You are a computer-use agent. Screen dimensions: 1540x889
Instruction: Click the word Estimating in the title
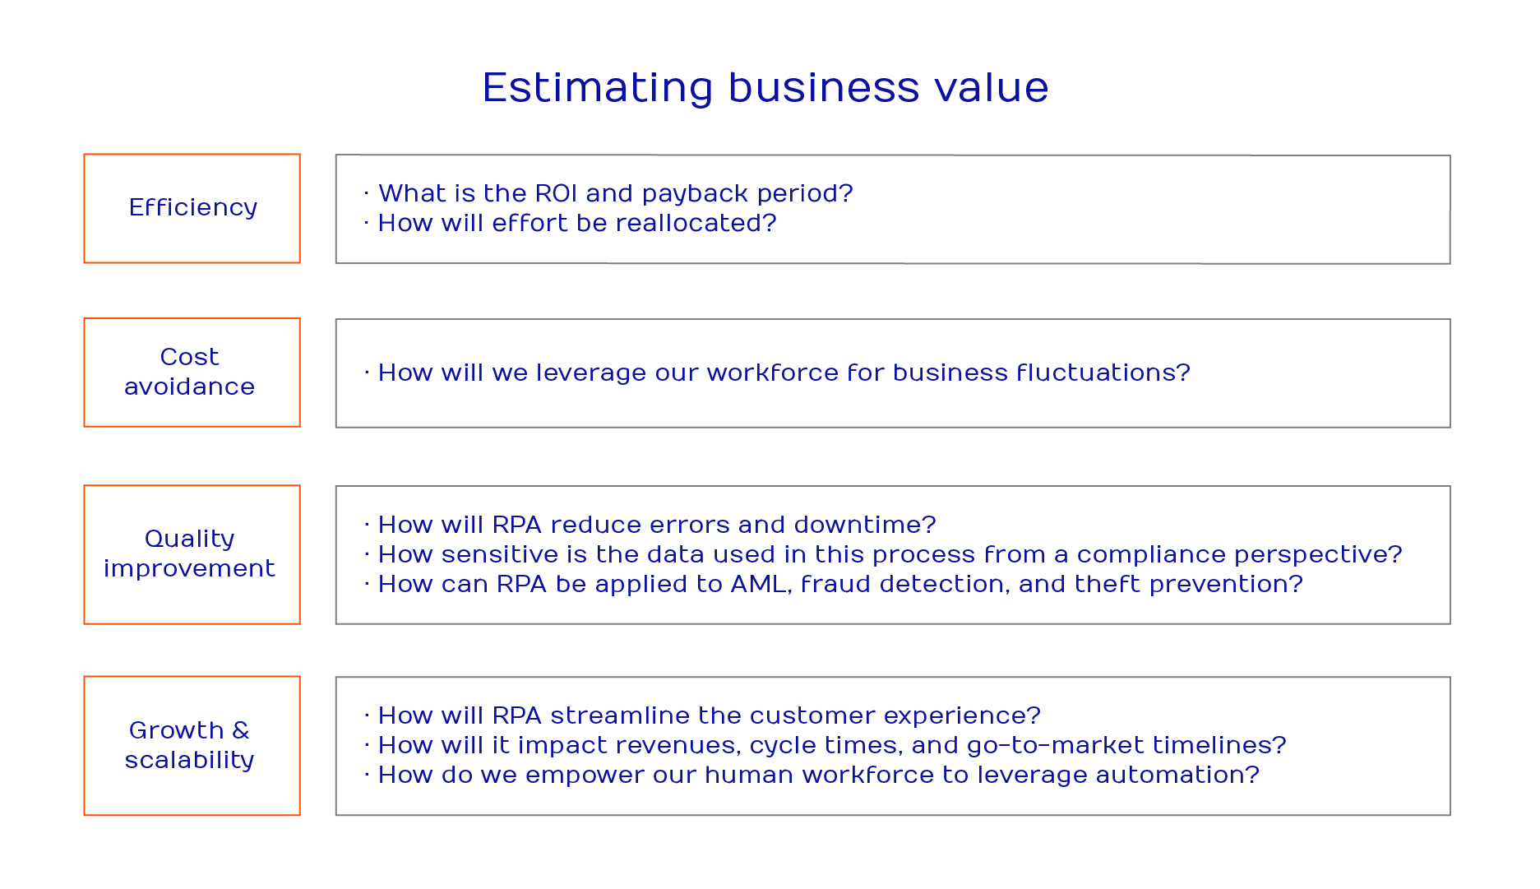click(x=598, y=88)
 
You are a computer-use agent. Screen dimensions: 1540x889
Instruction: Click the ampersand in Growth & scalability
click(x=241, y=730)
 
